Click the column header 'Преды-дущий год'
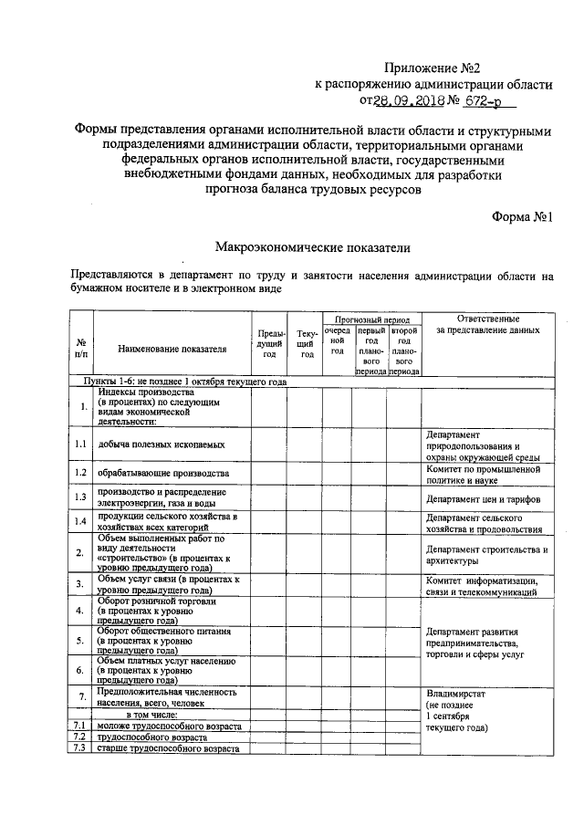coord(269,343)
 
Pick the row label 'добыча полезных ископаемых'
coord(162,444)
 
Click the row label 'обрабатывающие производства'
coord(162,474)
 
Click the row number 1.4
coord(81,522)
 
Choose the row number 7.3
coord(80,748)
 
